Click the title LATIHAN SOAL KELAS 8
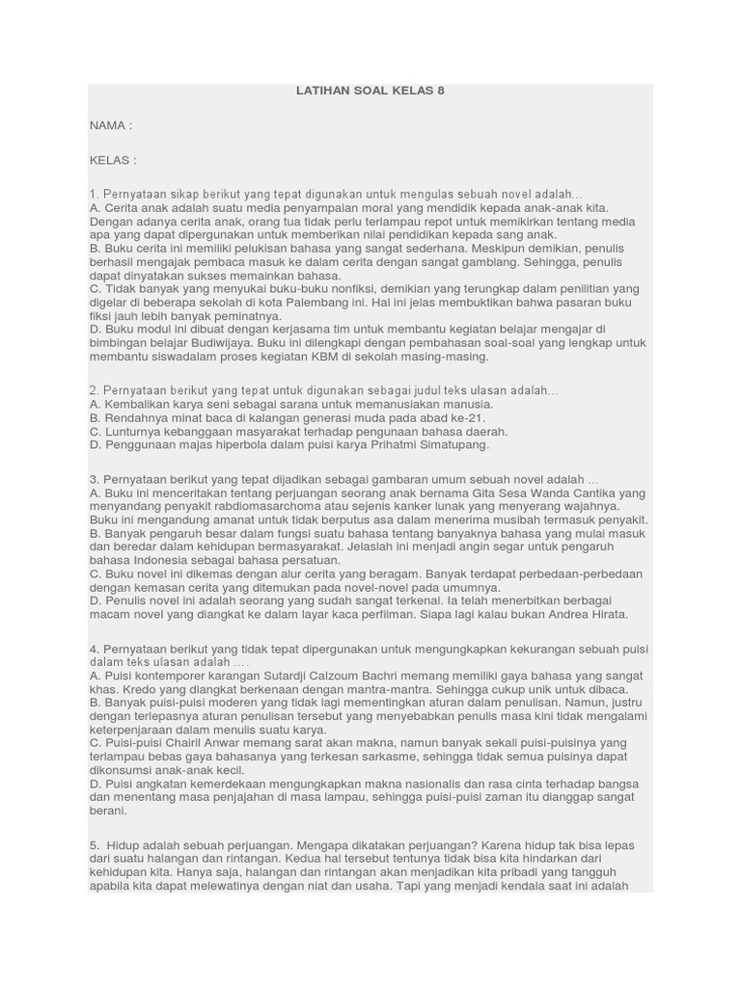(x=370, y=91)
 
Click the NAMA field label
(x=110, y=125)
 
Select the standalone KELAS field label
(x=112, y=160)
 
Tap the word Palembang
(x=370, y=302)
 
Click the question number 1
(x=93, y=194)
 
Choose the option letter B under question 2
(x=94, y=417)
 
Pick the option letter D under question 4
(x=94, y=784)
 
